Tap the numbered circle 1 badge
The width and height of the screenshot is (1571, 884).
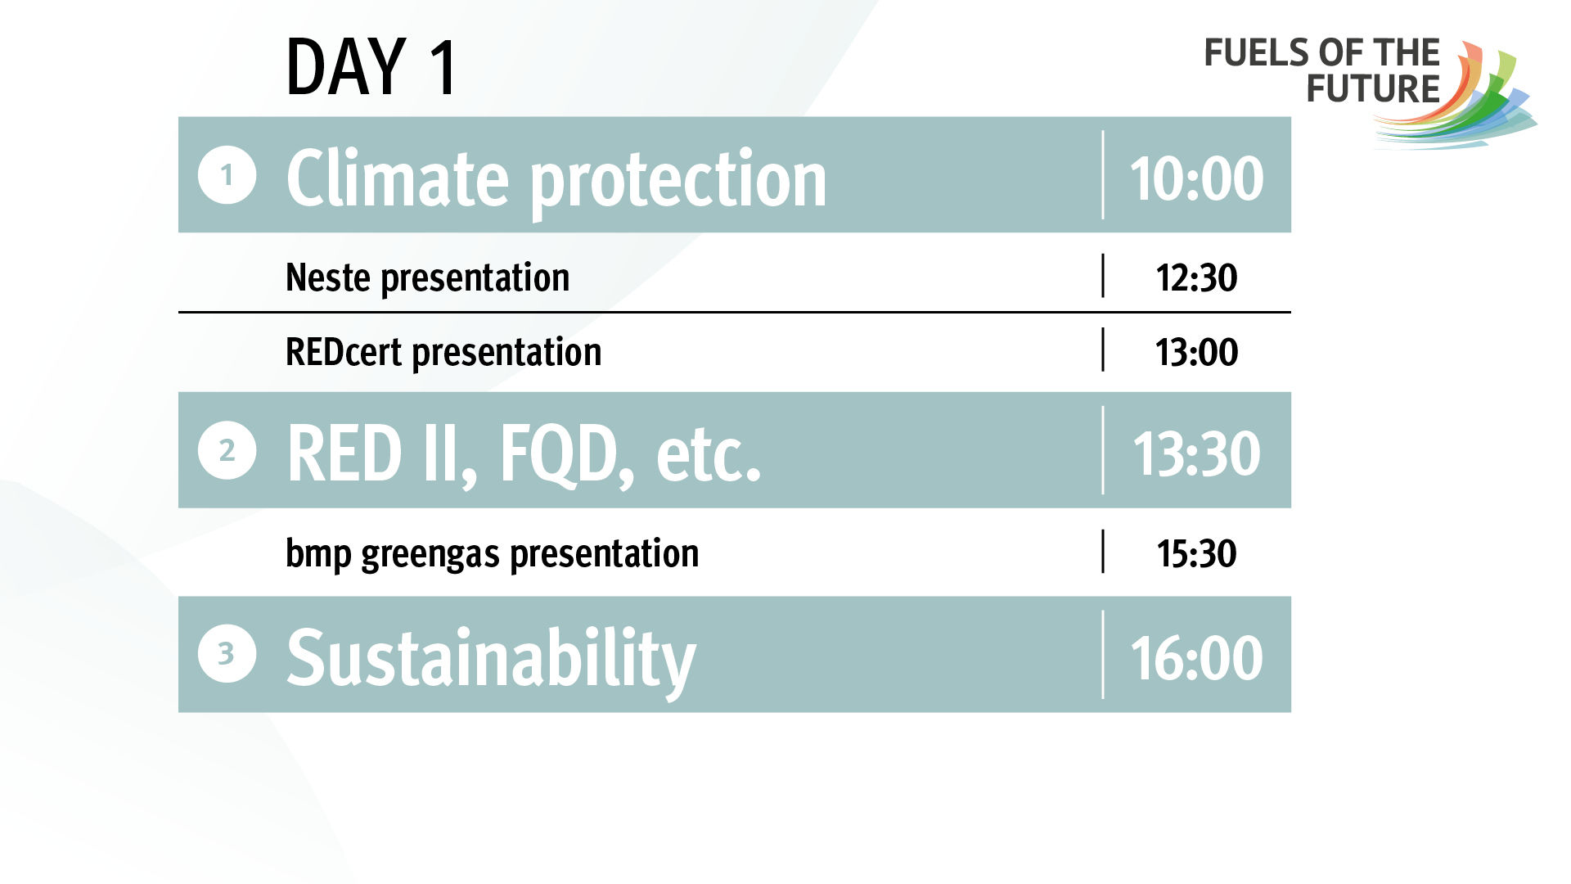pyautogui.click(x=227, y=174)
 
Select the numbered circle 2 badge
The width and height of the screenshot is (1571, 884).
pyautogui.click(x=227, y=450)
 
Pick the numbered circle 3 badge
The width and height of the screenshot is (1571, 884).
pyautogui.click(x=227, y=654)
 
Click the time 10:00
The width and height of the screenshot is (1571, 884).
pyautogui.click(x=1196, y=178)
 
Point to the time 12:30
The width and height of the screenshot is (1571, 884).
pyautogui.click(x=1196, y=278)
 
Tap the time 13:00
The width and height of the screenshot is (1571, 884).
pyautogui.click(x=1196, y=353)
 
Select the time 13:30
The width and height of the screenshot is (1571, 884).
pyautogui.click(x=1196, y=454)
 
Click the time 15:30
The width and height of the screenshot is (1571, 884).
pyautogui.click(x=1196, y=554)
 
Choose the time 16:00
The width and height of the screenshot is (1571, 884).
pyautogui.click(x=1196, y=658)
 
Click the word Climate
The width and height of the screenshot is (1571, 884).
pyautogui.click(x=398, y=178)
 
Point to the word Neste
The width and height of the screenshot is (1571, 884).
pyautogui.click(x=328, y=277)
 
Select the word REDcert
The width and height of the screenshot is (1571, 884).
pyautogui.click(x=344, y=352)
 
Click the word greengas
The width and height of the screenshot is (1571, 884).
pyautogui.click(x=430, y=555)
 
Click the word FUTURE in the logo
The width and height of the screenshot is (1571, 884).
pyautogui.click(x=1373, y=89)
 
